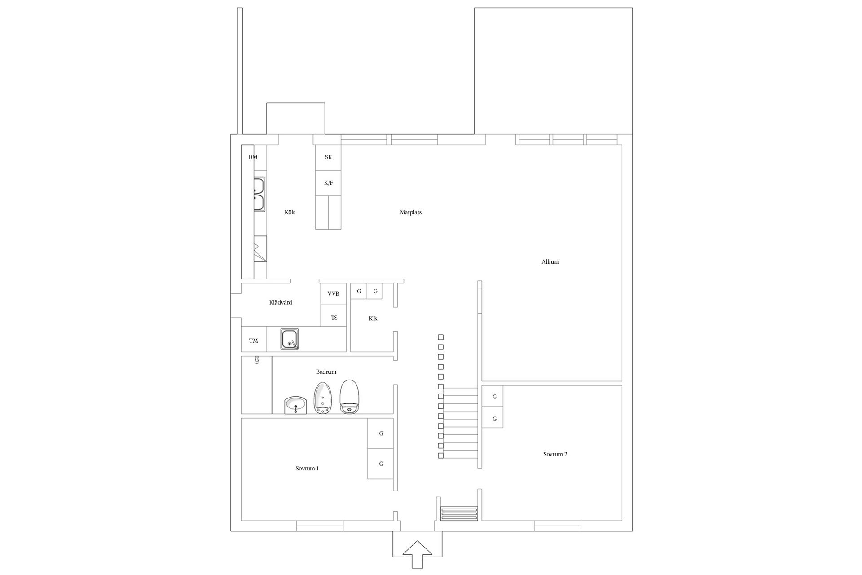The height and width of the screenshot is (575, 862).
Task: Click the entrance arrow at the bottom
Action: pos(418,555)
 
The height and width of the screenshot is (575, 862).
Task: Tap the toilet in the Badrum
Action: pos(350,397)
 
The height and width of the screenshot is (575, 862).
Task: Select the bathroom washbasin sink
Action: pos(295,406)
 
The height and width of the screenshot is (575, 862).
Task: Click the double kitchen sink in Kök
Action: pos(259,194)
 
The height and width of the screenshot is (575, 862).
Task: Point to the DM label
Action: pos(253,157)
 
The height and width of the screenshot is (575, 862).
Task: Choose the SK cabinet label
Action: pos(329,157)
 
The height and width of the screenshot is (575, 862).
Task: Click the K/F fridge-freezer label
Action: pos(329,183)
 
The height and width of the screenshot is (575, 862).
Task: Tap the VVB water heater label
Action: pos(333,293)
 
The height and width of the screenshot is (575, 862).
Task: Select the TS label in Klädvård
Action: pos(334,318)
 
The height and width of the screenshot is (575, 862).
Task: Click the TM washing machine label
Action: pos(254,341)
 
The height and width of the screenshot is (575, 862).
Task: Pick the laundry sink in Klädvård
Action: pos(290,339)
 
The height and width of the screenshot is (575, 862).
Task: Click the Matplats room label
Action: pos(411,212)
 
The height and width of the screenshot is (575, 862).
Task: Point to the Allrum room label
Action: pos(550,261)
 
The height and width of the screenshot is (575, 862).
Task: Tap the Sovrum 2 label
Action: pos(555,454)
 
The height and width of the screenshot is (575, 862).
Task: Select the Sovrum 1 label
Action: pos(307,468)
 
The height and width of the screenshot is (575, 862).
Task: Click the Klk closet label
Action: pos(373,318)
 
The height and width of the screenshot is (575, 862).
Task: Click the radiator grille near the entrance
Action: pos(459,513)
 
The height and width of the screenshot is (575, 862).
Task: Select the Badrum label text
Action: pos(326,372)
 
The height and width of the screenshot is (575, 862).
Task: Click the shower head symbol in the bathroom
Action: pos(257,360)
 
